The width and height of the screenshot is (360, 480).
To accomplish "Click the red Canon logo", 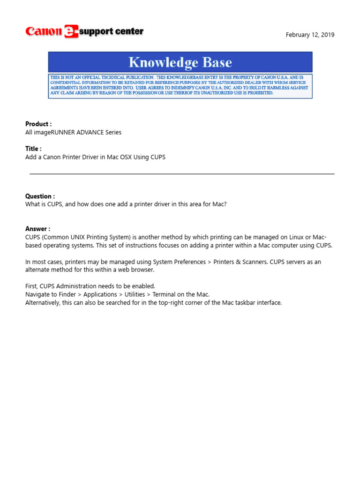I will pyautogui.click(x=43, y=31).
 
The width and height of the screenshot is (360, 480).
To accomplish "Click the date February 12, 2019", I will pyautogui.click(x=310, y=35).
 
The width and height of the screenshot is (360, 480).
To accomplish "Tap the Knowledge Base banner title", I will pyautogui.click(x=180, y=62).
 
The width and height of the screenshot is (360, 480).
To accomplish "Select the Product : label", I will pyautogui.click(x=38, y=124).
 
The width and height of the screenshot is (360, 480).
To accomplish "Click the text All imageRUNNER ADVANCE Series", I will pyautogui.click(x=73, y=132).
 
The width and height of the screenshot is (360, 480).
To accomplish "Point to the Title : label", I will pyautogui.click(x=33, y=149).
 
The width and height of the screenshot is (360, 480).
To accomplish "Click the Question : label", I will pyautogui.click(x=40, y=196).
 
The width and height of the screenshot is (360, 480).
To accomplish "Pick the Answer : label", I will pyautogui.click(x=37, y=229).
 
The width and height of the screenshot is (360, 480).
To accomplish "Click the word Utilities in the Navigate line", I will pyautogui.click(x=135, y=294).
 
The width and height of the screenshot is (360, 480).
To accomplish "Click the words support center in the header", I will pyautogui.click(x=111, y=32).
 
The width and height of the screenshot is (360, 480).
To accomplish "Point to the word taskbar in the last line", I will pyautogui.click(x=243, y=303).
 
